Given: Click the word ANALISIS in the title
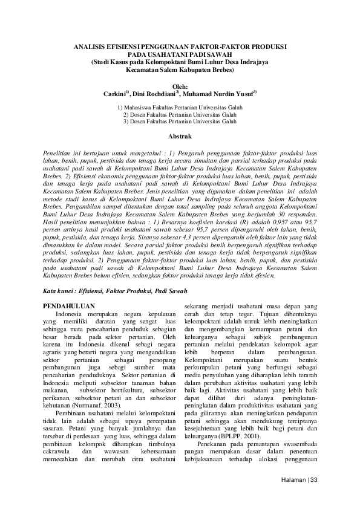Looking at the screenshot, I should click(89, 47).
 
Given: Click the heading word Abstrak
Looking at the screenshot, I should click(180, 137).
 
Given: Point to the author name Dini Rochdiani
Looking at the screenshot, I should click(154, 94).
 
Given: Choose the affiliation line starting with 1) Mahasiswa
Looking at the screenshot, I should click(180, 107).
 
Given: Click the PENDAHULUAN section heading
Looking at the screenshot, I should click(71, 307).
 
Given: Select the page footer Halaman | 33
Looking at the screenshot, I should click(309, 480).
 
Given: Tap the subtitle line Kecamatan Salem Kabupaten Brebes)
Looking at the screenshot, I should click(180, 70).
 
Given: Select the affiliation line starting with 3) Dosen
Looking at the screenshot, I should click(180, 122).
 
